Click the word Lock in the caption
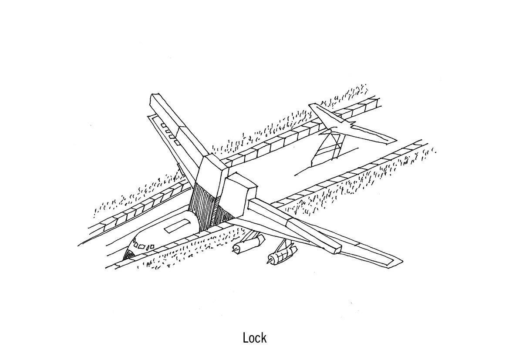(255, 338)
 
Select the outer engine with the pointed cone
(279, 256)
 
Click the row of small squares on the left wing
(170, 133)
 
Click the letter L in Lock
(246, 338)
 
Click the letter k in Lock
(264, 338)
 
